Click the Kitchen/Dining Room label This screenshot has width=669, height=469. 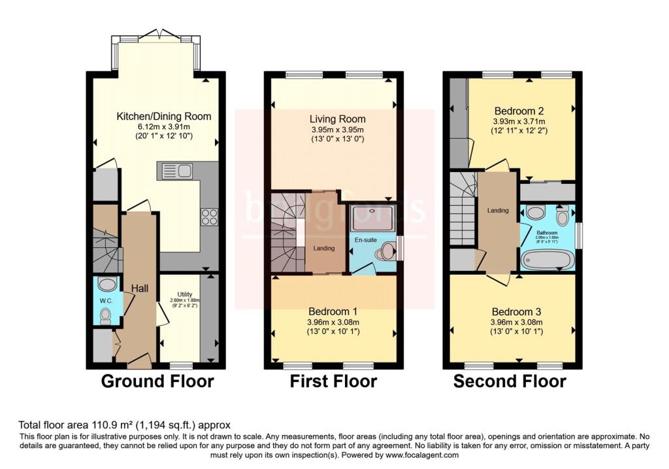tap(163, 116)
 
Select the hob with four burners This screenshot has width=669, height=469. tap(210, 217)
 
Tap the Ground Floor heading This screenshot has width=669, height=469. tap(157, 381)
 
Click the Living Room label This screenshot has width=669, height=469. tap(337, 119)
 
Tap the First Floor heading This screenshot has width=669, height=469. tap(333, 381)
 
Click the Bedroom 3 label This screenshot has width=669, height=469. tap(516, 311)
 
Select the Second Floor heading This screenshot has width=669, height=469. tap(510, 381)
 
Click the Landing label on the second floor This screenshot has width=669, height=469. tap(498, 210)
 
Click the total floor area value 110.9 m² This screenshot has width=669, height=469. tap(94, 425)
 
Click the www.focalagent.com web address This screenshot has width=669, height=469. tap(421, 455)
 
